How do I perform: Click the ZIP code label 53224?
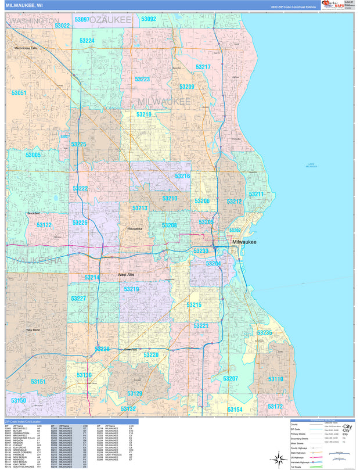87,41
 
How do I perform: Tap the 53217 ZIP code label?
203,67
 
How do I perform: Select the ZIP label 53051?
19,93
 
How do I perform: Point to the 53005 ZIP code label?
33,155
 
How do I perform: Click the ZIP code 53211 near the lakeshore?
256,194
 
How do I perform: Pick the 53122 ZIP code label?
44,225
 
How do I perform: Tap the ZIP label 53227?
78,299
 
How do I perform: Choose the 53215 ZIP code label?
194,305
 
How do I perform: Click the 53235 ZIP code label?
264,333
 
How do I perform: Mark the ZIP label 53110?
276,379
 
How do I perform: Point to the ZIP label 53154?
235,410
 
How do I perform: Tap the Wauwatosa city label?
135,229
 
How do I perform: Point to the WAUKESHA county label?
36,261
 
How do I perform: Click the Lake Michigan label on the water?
312,166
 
